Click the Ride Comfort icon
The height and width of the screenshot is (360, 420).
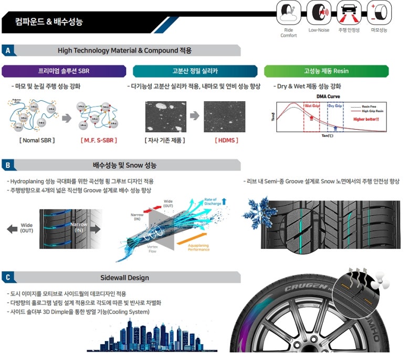(x=288, y=13)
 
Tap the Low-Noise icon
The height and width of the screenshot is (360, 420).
(x=319, y=13)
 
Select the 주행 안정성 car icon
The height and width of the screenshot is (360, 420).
(x=349, y=13)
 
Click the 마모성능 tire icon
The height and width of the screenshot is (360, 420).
(x=379, y=13)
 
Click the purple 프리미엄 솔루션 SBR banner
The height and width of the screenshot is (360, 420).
(x=64, y=71)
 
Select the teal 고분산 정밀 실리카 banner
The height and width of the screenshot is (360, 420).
(x=195, y=71)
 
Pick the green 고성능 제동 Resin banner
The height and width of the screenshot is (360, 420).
(x=326, y=71)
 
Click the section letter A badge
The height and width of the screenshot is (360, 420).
(x=7, y=50)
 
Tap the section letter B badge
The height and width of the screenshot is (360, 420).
(x=7, y=165)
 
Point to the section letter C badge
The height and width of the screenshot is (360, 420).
(x=7, y=277)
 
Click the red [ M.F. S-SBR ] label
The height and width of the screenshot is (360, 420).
(x=99, y=140)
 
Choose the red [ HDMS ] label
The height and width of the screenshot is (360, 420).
(x=226, y=140)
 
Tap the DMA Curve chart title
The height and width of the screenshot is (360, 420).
(x=329, y=96)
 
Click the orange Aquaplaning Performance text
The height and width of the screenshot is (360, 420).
(x=198, y=247)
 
